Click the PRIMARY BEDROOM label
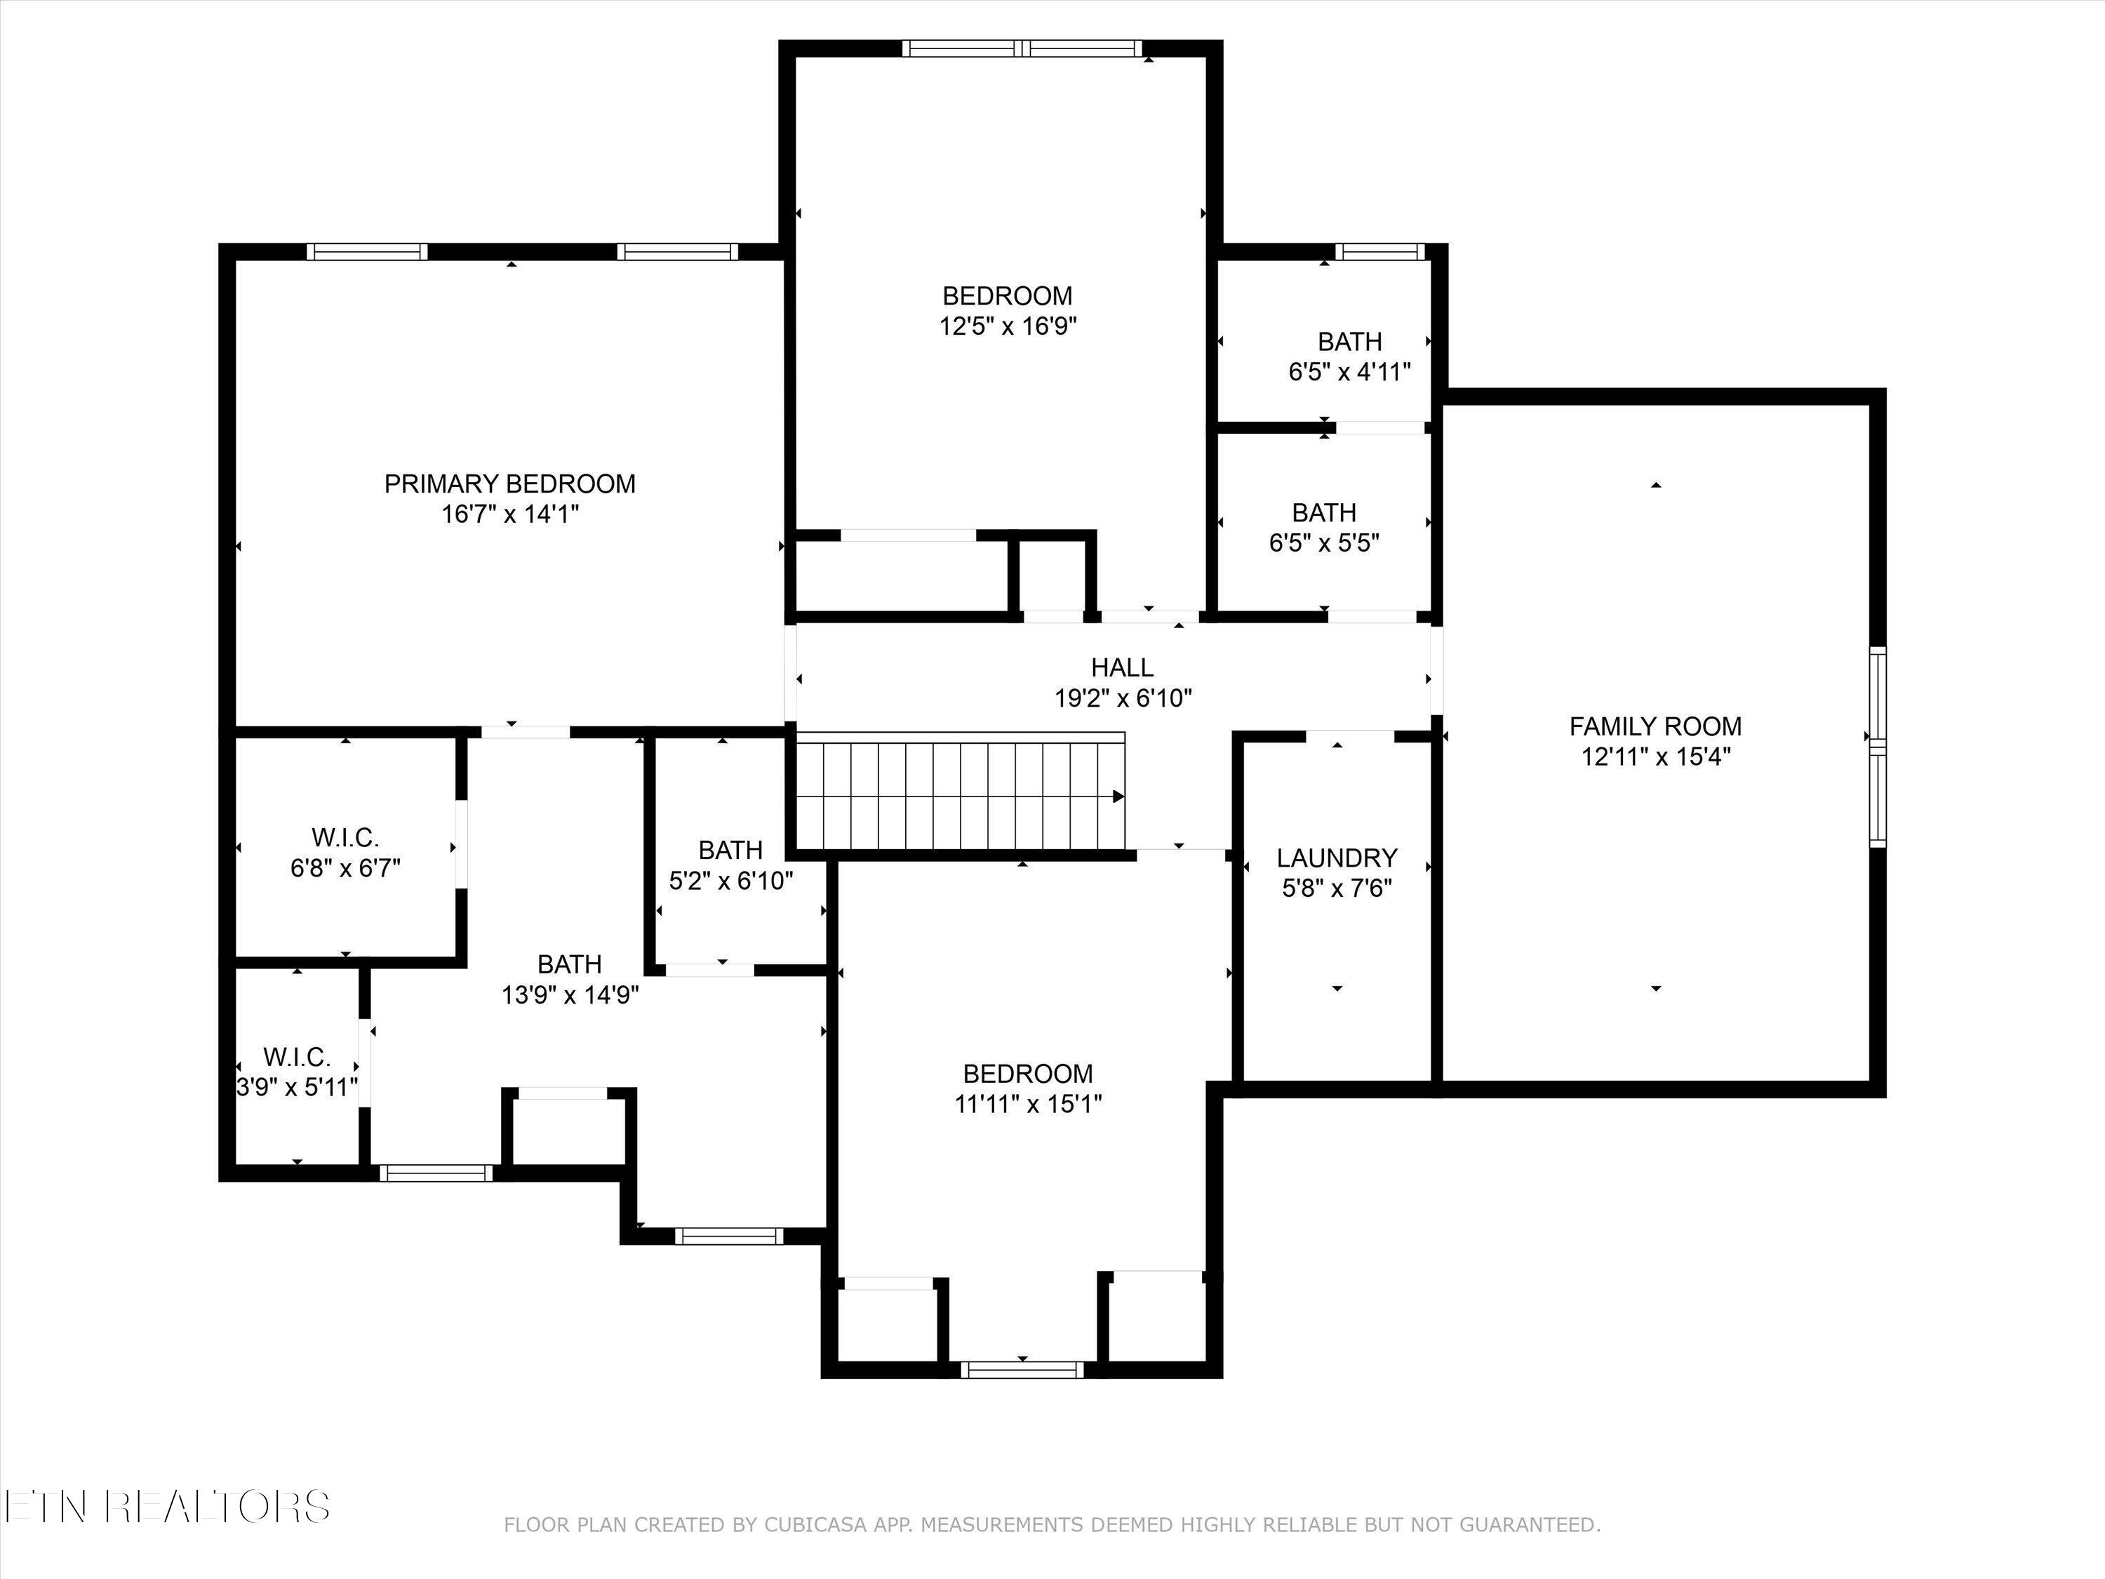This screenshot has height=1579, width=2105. (x=509, y=484)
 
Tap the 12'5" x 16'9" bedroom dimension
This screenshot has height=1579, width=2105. (x=1007, y=326)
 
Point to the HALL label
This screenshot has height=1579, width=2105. (x=1122, y=667)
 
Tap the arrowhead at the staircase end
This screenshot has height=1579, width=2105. (x=1118, y=797)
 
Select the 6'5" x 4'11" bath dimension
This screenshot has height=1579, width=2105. (x=1349, y=372)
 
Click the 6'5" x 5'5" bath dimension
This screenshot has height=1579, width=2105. (x=1324, y=543)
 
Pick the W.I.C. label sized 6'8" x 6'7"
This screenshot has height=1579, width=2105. (x=345, y=839)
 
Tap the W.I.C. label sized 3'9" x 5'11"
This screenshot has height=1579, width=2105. (x=297, y=1056)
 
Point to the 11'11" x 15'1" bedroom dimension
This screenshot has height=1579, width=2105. (x=1028, y=1104)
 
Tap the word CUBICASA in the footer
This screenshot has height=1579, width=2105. (x=815, y=1526)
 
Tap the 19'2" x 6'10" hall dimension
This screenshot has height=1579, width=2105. (x=1122, y=698)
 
